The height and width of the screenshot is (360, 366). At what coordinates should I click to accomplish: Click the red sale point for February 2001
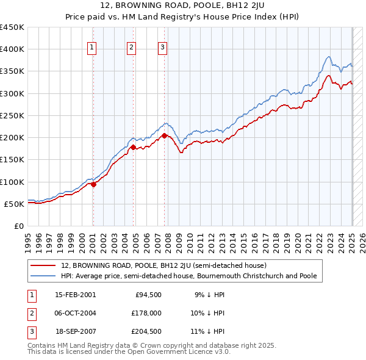point(93,185)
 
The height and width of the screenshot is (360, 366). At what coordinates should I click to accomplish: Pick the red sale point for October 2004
point(133,147)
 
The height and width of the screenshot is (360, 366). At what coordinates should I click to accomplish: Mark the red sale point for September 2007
point(165,135)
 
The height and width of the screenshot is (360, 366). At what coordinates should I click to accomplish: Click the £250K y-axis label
point(12,115)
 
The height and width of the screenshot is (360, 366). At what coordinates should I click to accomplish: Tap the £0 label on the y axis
point(19,226)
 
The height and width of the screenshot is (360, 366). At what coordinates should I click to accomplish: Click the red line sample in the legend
point(43,266)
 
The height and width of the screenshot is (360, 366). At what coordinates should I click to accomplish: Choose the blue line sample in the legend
point(43,276)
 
